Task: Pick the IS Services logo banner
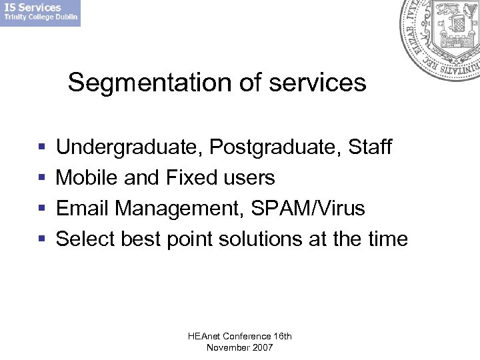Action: pos(40,13)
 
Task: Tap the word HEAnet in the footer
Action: pos(205,337)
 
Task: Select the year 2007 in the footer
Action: pos(262,348)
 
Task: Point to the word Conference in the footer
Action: pos(247,337)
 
